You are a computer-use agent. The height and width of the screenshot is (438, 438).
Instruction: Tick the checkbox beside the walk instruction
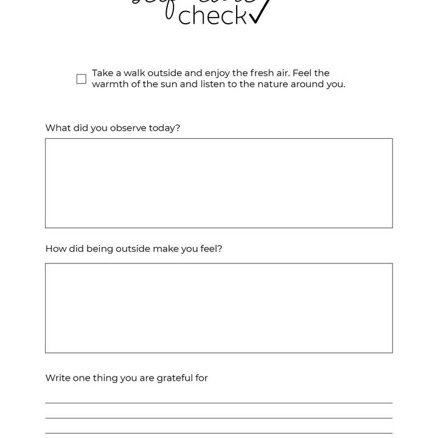click(82, 79)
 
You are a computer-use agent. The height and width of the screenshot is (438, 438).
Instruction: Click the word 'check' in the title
click(212, 16)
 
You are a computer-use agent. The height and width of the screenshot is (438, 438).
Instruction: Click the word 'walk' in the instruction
click(136, 73)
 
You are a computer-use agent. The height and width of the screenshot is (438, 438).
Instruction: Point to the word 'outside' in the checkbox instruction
click(166, 73)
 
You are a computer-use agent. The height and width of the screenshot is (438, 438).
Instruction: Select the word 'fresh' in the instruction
click(262, 73)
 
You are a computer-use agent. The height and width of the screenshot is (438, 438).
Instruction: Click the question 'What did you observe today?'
click(113, 128)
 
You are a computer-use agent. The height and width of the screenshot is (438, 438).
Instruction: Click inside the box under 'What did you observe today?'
click(218, 183)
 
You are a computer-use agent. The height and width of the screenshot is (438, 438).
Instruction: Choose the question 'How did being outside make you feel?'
click(134, 248)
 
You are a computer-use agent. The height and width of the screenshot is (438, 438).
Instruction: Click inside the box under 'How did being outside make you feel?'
click(218, 308)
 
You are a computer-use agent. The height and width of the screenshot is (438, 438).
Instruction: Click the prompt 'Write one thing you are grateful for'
click(127, 378)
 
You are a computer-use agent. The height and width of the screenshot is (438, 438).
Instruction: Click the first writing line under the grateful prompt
click(218, 402)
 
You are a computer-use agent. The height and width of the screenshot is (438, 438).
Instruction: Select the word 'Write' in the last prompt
click(58, 378)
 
